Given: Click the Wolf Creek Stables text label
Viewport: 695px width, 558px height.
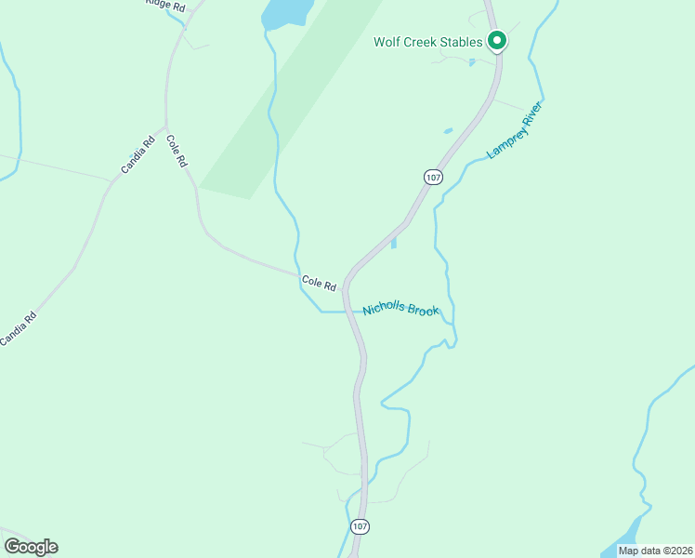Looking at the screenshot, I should coord(427,42).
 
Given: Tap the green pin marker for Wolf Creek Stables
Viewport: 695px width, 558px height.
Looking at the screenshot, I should coord(497,41).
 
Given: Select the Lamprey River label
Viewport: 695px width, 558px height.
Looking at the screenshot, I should coord(514,130).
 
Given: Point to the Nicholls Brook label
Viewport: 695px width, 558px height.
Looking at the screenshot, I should coord(400,309).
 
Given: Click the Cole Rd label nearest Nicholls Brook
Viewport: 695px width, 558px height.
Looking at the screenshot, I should coord(317,281).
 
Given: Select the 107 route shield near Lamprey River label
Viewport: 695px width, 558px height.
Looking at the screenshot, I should coord(432,177).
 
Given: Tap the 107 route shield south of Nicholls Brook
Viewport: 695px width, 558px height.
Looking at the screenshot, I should coord(361,526).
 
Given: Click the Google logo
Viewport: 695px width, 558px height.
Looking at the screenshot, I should coord(31,547).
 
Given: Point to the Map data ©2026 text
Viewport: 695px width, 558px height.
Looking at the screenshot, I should coord(653,550).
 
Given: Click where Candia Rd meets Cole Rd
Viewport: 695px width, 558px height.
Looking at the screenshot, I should coord(165,127).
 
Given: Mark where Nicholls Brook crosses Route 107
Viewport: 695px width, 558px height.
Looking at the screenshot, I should coord(348,312).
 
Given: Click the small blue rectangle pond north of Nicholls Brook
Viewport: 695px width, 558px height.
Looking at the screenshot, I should coord(394,244).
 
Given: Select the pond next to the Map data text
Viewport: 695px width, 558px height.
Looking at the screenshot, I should coord(625,536).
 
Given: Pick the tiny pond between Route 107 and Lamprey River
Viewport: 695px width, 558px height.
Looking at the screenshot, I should coord(449,131).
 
